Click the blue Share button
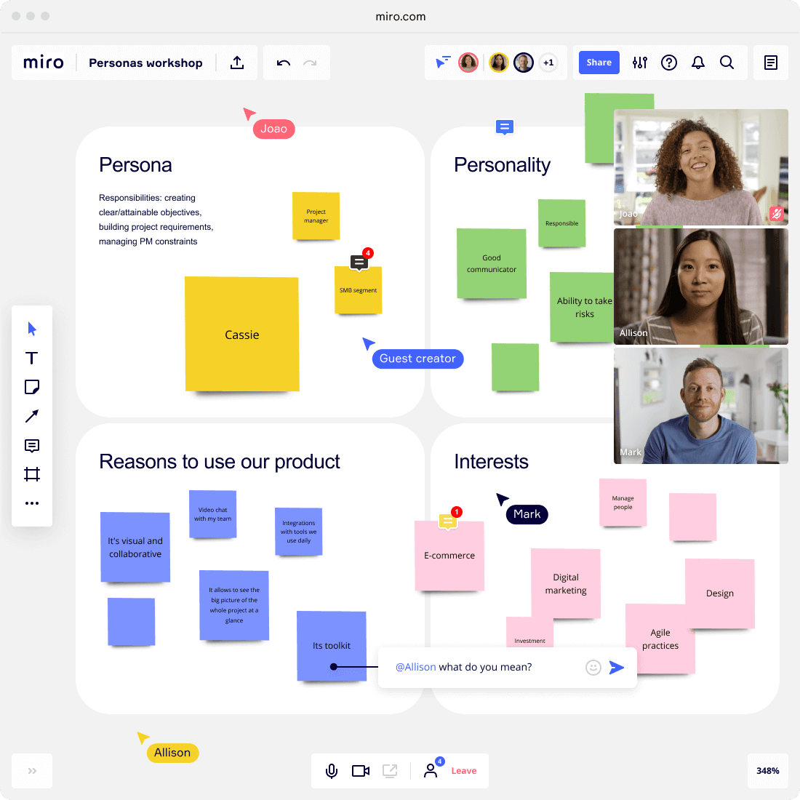click(599, 63)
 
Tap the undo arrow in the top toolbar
click(283, 63)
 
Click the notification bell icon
click(698, 63)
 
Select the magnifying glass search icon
click(727, 63)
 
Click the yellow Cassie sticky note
click(242, 335)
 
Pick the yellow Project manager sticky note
click(316, 216)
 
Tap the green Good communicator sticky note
click(492, 263)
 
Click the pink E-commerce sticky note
click(449, 556)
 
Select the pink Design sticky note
click(719, 593)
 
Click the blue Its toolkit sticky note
click(332, 646)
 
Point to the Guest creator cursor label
click(417, 359)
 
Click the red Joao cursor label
click(273, 129)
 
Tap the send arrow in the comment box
click(616, 668)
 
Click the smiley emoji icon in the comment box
click(593, 668)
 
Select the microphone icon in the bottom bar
click(332, 770)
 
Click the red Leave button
click(464, 770)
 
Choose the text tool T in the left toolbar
click(31, 358)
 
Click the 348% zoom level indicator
click(768, 770)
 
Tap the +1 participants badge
click(548, 63)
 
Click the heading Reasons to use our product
click(220, 461)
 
